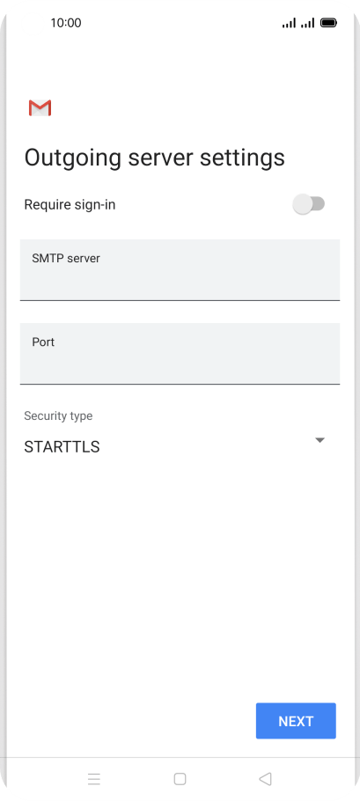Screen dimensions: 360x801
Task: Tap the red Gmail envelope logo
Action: [40, 107]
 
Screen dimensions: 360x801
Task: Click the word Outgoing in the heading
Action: [73, 158]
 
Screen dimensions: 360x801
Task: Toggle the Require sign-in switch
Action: [308, 204]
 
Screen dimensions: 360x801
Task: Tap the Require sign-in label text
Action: [70, 205]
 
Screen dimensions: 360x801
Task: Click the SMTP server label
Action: [66, 259]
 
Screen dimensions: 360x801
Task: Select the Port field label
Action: [43, 342]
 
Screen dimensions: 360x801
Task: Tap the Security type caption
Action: [58, 415]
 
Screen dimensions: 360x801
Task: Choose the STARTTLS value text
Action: [62, 447]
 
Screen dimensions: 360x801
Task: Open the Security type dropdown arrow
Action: [320, 440]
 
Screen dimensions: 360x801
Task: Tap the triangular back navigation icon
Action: [265, 778]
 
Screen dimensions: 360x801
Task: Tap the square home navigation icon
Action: [180, 778]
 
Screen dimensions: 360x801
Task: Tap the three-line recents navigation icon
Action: [94, 778]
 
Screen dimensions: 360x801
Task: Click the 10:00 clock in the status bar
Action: [66, 23]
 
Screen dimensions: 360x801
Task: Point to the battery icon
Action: [328, 23]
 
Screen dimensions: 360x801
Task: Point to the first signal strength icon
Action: [289, 23]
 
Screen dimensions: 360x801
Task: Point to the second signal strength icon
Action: [307, 23]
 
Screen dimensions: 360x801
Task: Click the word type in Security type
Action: [81, 416]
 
